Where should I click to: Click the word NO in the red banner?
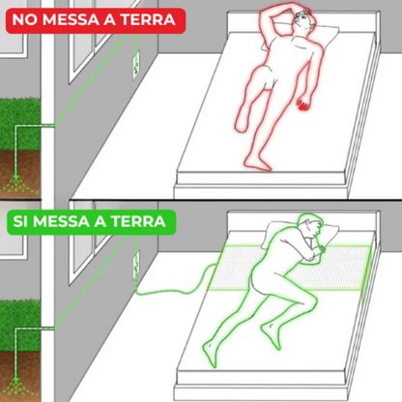(26, 19)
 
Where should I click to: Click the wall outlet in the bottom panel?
(136, 262)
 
